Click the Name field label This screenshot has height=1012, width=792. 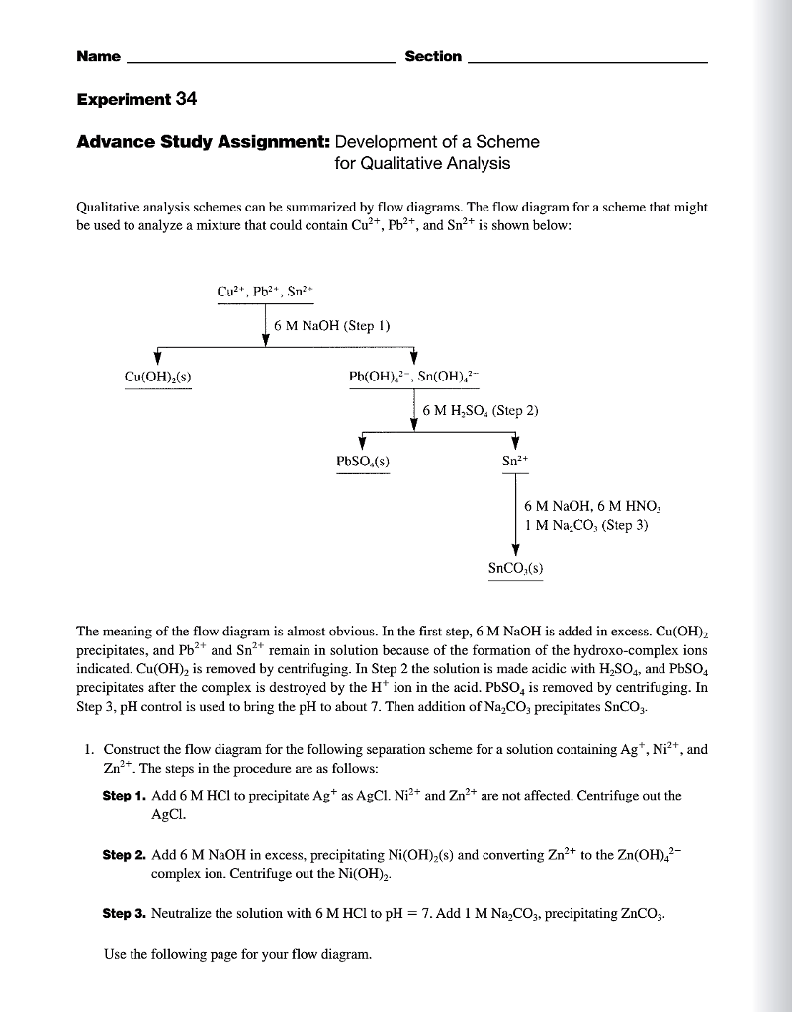coord(98,57)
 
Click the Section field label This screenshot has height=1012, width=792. coord(433,57)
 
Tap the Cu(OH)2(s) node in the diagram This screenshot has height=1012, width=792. coord(157,377)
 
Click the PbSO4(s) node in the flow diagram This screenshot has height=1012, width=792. coord(363,460)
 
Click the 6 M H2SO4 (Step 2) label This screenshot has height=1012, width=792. coord(479,409)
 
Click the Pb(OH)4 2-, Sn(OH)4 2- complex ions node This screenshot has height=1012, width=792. coord(412,377)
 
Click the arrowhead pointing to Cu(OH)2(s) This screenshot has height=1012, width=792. coord(157,358)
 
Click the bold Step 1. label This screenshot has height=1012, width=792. coord(125,796)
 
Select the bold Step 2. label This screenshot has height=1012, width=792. coord(125,854)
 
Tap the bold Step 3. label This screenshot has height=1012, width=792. coord(125,914)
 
